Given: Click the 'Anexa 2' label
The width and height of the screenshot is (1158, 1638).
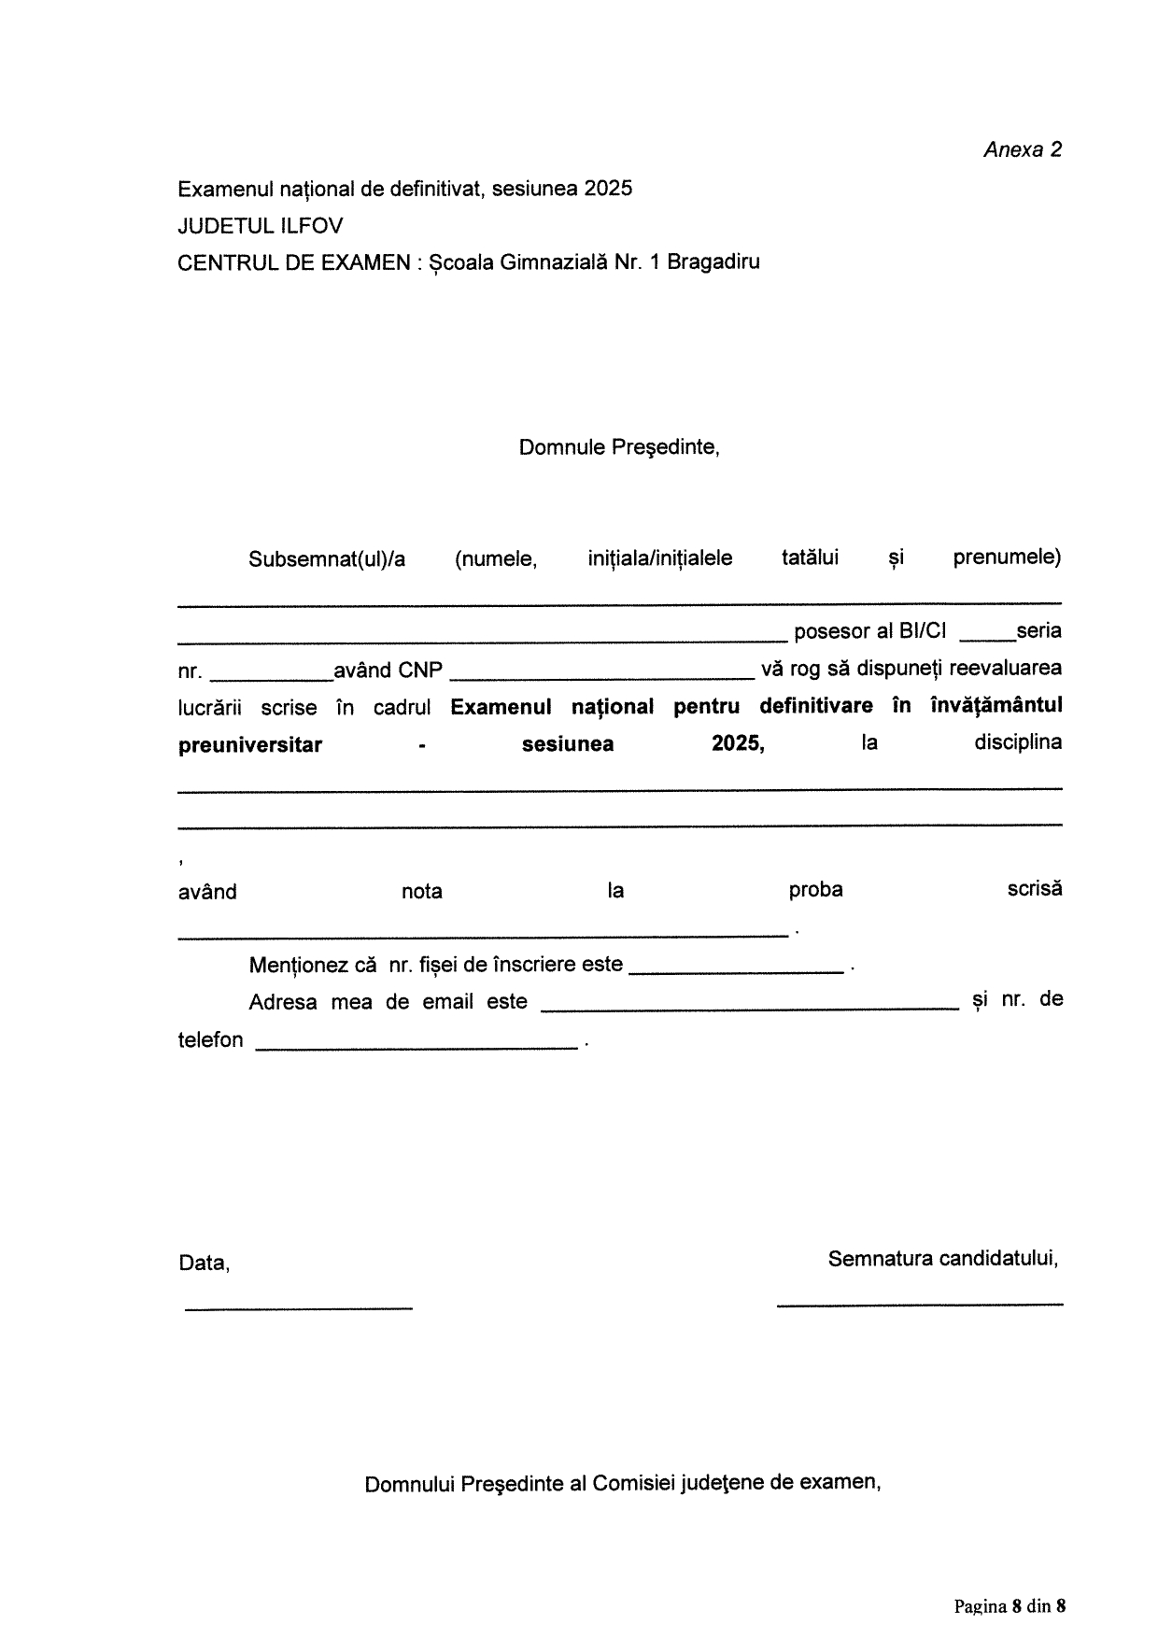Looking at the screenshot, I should (x=1023, y=150).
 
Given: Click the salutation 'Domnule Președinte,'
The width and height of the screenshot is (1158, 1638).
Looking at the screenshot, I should (x=619, y=447).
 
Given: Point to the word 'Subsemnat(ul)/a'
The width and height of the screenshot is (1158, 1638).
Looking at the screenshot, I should (x=327, y=559).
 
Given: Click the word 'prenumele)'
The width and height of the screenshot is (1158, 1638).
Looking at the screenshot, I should (x=1007, y=558).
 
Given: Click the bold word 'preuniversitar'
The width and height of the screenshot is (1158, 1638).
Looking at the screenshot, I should (x=250, y=745).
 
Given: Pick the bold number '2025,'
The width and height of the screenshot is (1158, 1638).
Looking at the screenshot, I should (x=738, y=744).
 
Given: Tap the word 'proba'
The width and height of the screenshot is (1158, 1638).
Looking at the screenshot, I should (x=815, y=890).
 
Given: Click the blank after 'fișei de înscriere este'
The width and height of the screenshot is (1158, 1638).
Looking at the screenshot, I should (x=737, y=971).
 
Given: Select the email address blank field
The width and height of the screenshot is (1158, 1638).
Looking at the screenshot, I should (x=750, y=1008).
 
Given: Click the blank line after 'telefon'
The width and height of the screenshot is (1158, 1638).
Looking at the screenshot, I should (x=417, y=1047).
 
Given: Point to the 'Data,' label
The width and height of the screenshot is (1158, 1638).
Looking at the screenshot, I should (x=205, y=1264).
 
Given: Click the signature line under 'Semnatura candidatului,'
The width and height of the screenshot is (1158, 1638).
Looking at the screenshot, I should (x=920, y=1302).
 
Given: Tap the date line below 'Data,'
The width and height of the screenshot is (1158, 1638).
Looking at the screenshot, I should (x=298, y=1306).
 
